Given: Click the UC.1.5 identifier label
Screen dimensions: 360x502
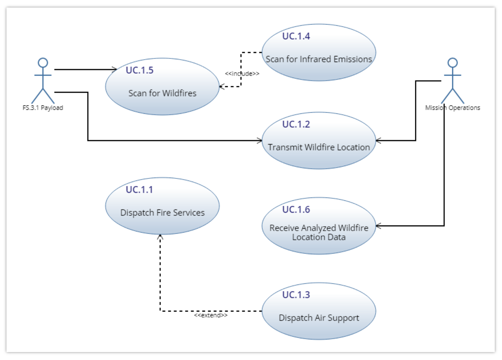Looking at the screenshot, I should (140, 70).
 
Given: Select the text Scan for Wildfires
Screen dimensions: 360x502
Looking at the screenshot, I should (162, 93).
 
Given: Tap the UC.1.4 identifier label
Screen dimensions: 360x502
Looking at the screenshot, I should (296, 36).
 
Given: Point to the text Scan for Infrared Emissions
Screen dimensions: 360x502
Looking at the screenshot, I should (319, 59).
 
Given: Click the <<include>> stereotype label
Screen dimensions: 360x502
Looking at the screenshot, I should (242, 74).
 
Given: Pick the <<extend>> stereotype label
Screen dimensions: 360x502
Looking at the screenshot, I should (211, 315).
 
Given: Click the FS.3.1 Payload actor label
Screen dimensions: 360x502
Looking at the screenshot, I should (43, 108).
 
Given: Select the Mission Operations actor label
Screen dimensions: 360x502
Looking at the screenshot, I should (452, 108).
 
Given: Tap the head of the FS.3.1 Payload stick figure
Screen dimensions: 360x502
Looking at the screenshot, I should (43, 62).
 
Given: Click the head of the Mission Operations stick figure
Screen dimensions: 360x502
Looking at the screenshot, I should (452, 62).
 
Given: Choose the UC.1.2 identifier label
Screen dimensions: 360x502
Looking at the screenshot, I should (296, 124).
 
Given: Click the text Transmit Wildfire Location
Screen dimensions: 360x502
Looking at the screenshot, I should (319, 147).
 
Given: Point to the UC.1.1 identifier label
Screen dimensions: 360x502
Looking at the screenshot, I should (139, 190).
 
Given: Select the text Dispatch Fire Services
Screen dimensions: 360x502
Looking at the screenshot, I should (162, 213).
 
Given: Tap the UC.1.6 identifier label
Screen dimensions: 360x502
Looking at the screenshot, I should (296, 209).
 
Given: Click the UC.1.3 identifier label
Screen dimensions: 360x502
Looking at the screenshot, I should (296, 295).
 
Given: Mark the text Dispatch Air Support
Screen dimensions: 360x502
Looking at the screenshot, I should (319, 318).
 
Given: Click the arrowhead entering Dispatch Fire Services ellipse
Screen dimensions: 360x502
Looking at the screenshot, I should (160, 237).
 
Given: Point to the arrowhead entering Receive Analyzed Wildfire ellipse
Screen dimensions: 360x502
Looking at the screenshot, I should (378, 226).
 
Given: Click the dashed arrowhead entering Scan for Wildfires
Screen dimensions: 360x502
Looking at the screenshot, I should (222, 87).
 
